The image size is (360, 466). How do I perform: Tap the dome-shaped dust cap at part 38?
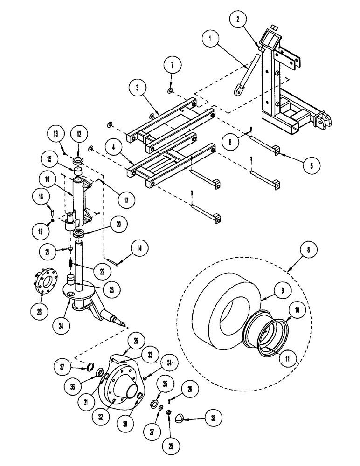tap(180, 418)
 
